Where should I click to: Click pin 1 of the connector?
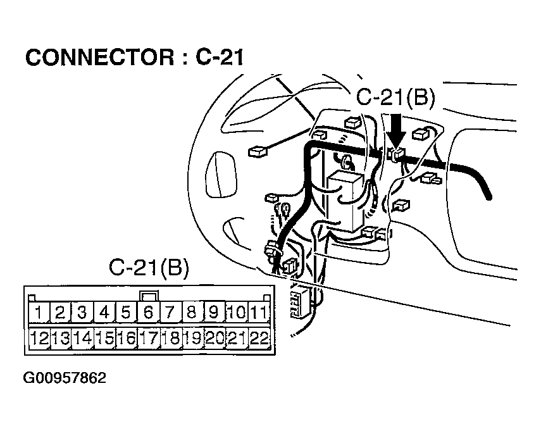tap(39, 313)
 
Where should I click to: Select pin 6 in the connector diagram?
tap(149, 313)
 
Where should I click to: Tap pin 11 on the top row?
tap(258, 313)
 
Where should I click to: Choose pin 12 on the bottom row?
tap(39, 338)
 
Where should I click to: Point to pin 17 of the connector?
tap(149, 338)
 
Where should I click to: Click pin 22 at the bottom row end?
tap(258, 338)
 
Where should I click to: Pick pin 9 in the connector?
tap(215, 313)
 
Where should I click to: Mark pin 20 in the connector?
tap(215, 338)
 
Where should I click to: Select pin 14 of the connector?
tap(83, 338)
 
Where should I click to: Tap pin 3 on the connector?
tap(83, 313)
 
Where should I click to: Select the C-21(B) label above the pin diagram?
tap(148, 268)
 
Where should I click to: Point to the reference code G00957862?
tap(65, 378)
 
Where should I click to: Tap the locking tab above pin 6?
tap(149, 295)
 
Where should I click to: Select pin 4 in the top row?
tap(105, 313)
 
